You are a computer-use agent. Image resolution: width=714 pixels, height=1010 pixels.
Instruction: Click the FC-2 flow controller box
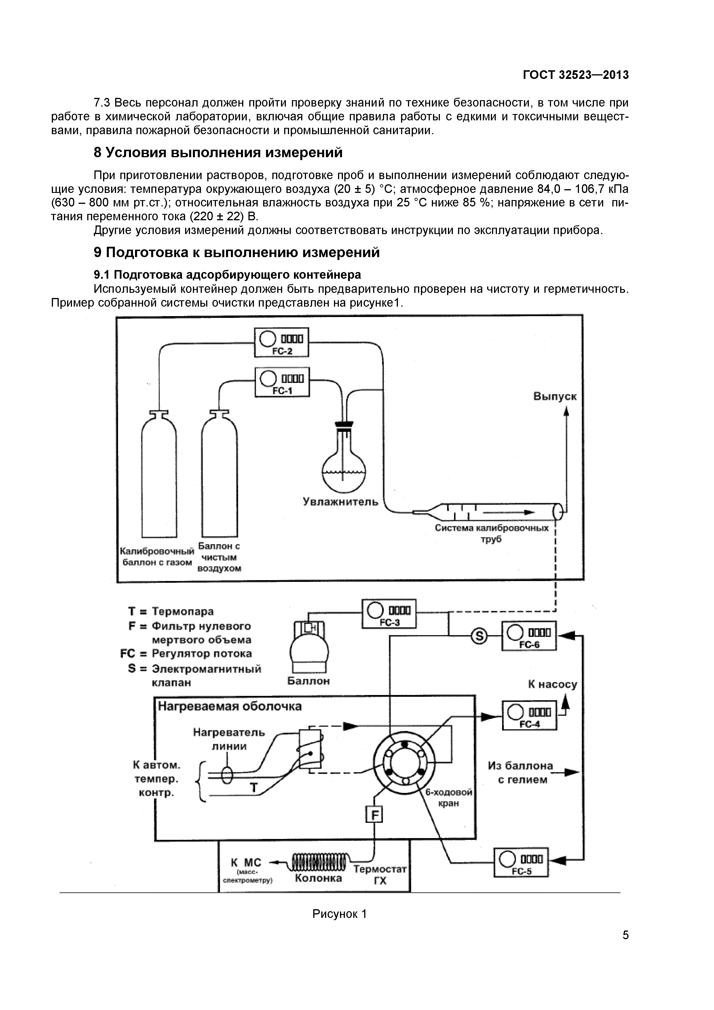pyautogui.click(x=282, y=342)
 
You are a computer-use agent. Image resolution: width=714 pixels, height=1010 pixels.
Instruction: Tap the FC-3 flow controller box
pyautogui.click(x=389, y=614)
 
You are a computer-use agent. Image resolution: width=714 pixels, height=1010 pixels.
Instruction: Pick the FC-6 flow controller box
pyautogui.click(x=529, y=636)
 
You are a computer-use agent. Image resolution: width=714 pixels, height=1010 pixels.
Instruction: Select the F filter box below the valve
pyautogui.click(x=375, y=816)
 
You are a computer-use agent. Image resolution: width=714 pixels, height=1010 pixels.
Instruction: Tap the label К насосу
pyautogui.click(x=552, y=684)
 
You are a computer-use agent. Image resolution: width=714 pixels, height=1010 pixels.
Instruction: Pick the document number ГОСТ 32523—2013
pyautogui.click(x=576, y=75)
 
